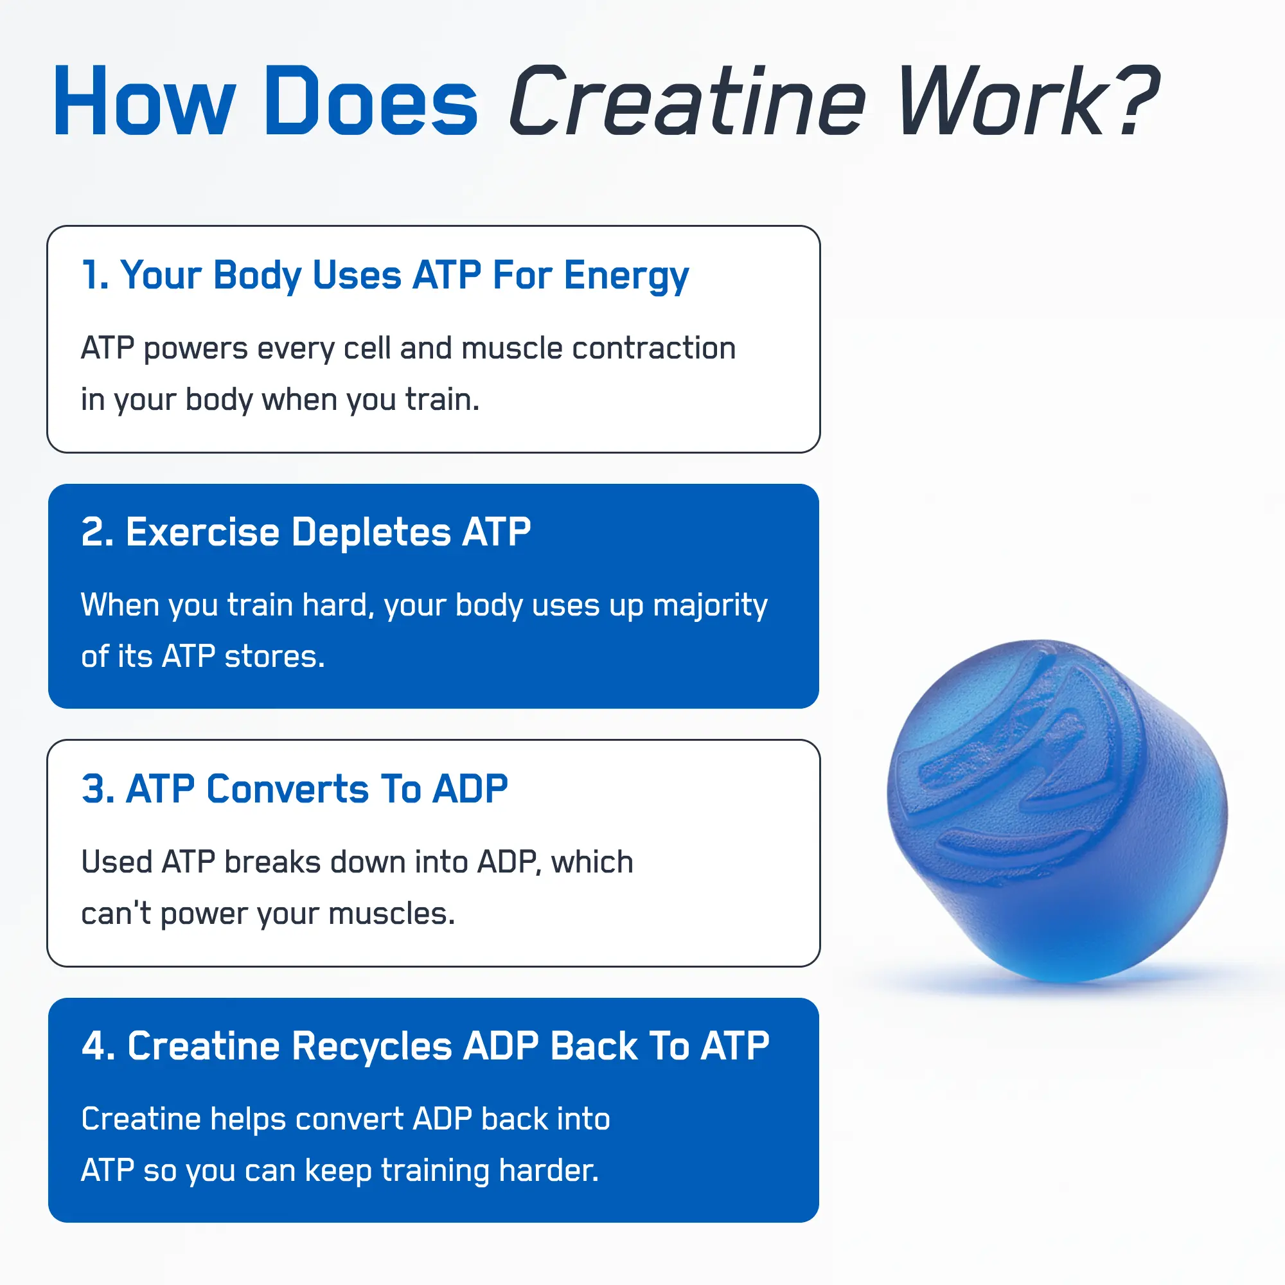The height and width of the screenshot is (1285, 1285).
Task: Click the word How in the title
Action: [x=144, y=101]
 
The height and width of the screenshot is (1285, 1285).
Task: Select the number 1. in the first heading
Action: [x=95, y=275]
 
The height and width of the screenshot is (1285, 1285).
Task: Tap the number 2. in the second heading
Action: [x=96, y=532]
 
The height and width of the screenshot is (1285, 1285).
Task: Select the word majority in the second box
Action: [x=710, y=605]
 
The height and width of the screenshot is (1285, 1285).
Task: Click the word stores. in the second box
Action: [x=275, y=657]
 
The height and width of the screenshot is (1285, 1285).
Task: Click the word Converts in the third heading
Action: [x=287, y=789]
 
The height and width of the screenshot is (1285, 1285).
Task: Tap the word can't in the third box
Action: [x=116, y=914]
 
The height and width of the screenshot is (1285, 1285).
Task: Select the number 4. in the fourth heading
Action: [x=98, y=1045]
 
